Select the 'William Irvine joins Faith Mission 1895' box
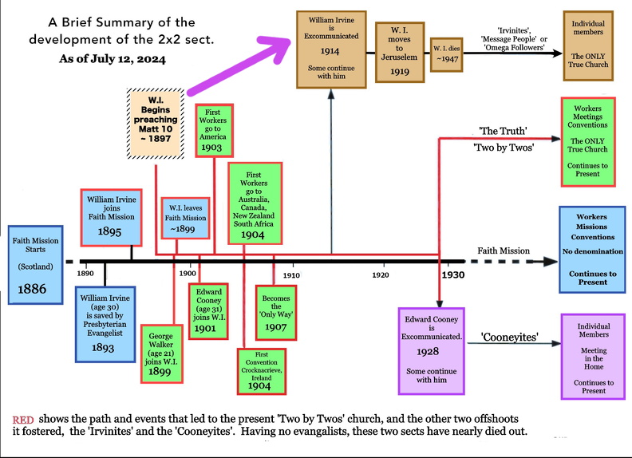click(x=111, y=218)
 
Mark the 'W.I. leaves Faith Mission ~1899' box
click(x=184, y=217)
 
